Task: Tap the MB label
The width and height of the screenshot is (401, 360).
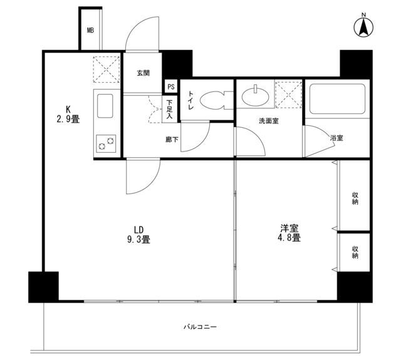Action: [90, 29]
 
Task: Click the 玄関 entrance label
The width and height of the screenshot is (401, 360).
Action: [143, 73]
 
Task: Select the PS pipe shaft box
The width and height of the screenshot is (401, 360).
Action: [170, 87]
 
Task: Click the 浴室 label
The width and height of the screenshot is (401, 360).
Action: [336, 138]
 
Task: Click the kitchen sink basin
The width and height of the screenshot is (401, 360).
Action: [105, 103]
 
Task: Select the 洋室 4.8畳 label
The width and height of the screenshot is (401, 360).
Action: [290, 232]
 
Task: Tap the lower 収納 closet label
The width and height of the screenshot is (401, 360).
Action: [355, 252]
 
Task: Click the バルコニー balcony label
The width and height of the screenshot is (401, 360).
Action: [200, 327]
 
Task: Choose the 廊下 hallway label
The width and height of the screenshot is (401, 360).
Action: [172, 140]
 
